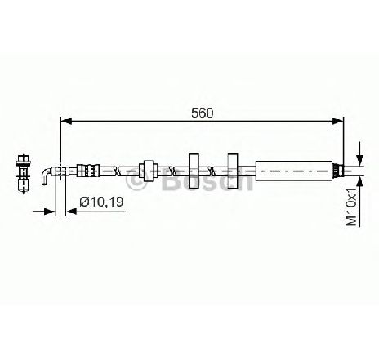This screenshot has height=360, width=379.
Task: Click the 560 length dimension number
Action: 202,113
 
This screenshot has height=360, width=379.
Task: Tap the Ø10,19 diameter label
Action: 101,202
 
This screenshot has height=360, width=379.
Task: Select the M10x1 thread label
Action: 351,207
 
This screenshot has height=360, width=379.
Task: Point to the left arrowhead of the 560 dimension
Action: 66,121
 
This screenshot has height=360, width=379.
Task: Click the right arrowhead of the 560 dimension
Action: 337,121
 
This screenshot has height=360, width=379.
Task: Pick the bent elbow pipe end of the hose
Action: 46,176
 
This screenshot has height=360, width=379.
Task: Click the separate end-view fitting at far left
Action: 24,173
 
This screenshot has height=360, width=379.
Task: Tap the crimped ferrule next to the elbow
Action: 88,171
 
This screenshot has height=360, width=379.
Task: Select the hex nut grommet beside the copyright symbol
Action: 149,171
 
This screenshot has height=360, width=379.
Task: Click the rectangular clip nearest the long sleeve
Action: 233,171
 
